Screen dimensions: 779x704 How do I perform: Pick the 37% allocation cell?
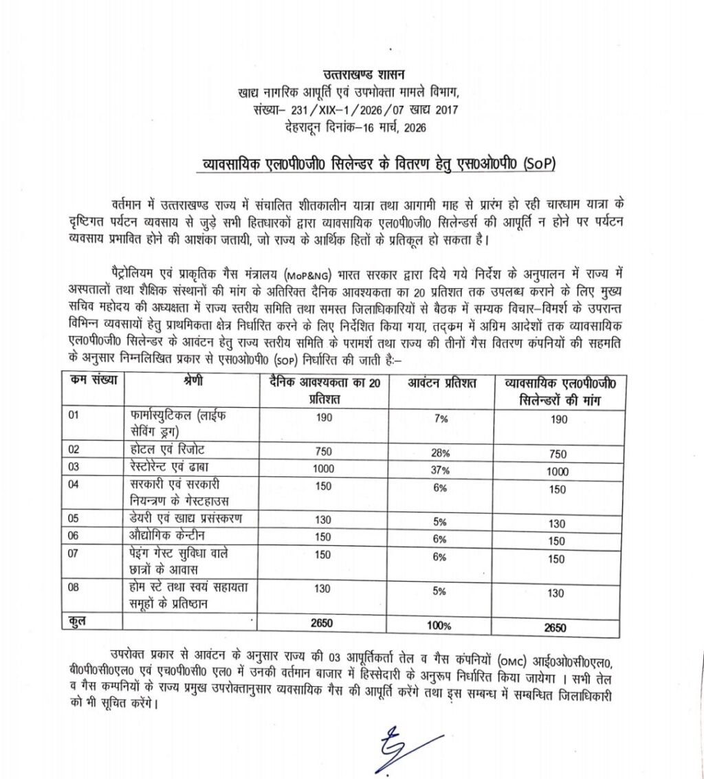pyautogui.click(x=440, y=470)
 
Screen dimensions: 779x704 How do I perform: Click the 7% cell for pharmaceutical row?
pyautogui.click(x=441, y=419)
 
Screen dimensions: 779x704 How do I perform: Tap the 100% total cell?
pyautogui.click(x=440, y=626)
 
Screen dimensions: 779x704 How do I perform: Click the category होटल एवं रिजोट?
pyautogui.click(x=168, y=450)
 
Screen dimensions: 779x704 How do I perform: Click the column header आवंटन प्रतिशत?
pyautogui.click(x=441, y=383)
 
